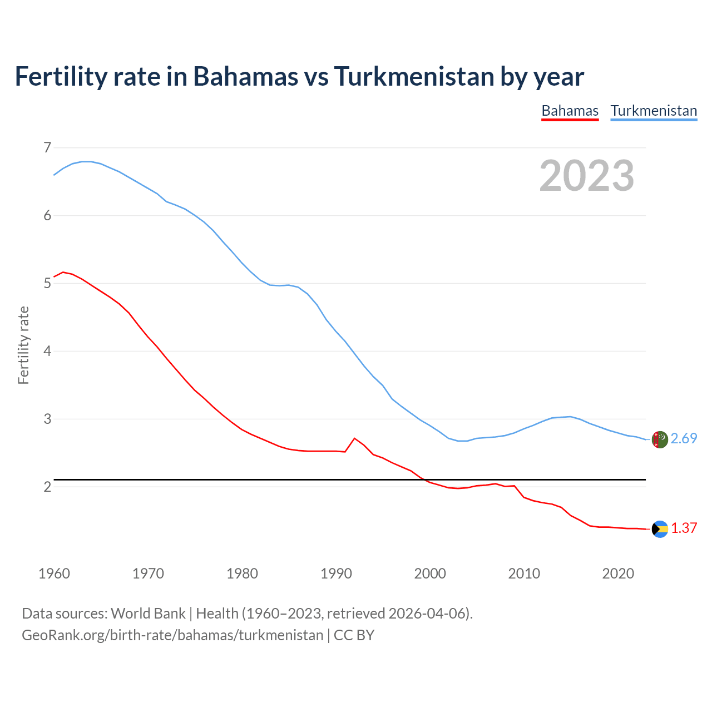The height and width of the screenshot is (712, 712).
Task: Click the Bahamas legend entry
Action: (x=570, y=111)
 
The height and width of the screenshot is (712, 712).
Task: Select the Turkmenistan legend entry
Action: (x=654, y=111)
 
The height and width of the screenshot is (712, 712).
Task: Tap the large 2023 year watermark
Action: (x=587, y=176)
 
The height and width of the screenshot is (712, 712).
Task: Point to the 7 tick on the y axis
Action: (x=47, y=148)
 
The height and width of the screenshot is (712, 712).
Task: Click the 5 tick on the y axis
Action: (x=47, y=284)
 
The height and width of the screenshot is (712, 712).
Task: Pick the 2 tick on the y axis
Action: (x=47, y=487)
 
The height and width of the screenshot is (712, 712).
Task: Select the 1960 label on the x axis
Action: (x=54, y=573)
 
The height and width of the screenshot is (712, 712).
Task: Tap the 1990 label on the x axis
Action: (x=336, y=573)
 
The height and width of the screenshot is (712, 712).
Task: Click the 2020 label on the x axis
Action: (x=618, y=573)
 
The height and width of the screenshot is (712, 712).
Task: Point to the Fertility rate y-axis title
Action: (x=23, y=345)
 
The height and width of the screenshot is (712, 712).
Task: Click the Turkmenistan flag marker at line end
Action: (x=659, y=439)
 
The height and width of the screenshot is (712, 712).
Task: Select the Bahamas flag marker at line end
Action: (x=659, y=529)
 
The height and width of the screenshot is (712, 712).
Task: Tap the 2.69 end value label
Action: (x=684, y=439)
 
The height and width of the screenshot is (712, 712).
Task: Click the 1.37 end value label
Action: (x=684, y=528)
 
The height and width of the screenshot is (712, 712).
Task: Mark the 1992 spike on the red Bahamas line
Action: (x=354, y=438)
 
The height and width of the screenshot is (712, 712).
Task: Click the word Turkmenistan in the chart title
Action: (x=414, y=76)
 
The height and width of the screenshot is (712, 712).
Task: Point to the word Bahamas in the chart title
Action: (x=245, y=76)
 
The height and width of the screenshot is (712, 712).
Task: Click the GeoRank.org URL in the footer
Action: (x=172, y=635)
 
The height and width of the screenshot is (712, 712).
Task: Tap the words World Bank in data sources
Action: (x=148, y=614)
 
